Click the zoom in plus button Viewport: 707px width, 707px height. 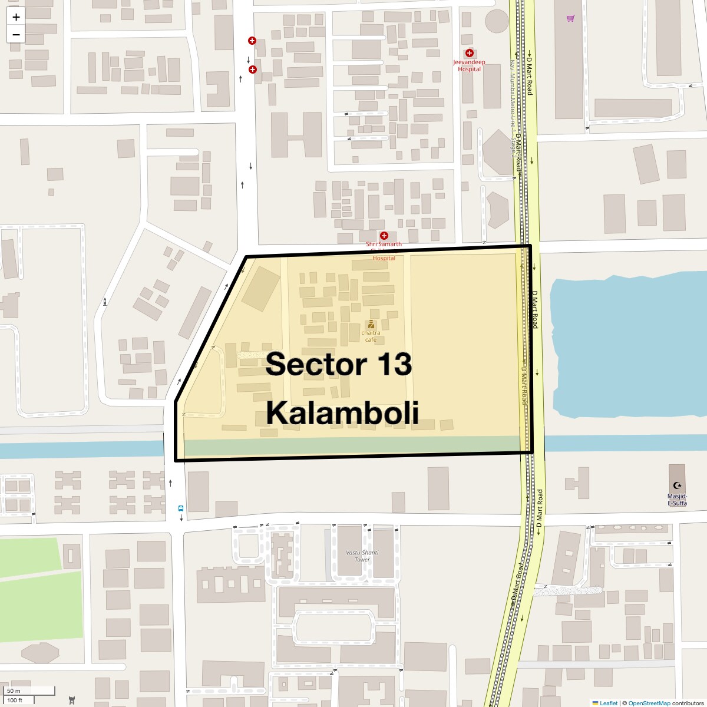[16, 17]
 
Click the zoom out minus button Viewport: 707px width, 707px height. [16, 34]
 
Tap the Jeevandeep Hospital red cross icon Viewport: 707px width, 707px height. [470, 53]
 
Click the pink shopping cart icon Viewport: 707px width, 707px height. [570, 18]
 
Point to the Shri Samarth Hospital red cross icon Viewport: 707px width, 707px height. [384, 236]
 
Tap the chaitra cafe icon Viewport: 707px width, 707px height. [371, 324]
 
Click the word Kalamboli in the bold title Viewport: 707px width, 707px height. [342, 413]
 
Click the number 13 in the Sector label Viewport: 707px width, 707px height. [389, 365]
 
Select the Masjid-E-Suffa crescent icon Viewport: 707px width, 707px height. [678, 485]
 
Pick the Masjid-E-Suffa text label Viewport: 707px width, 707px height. [677, 500]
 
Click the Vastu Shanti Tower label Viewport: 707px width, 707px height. [362, 556]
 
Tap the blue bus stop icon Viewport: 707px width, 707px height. [181, 508]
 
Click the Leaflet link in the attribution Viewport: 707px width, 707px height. [608, 703]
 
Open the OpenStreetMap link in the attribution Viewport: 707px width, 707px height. [649, 703]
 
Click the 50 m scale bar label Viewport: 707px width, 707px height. [14, 691]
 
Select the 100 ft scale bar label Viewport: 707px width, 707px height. [15, 700]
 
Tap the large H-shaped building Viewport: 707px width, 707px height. [296, 136]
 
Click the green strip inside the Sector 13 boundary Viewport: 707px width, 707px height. [353, 445]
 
